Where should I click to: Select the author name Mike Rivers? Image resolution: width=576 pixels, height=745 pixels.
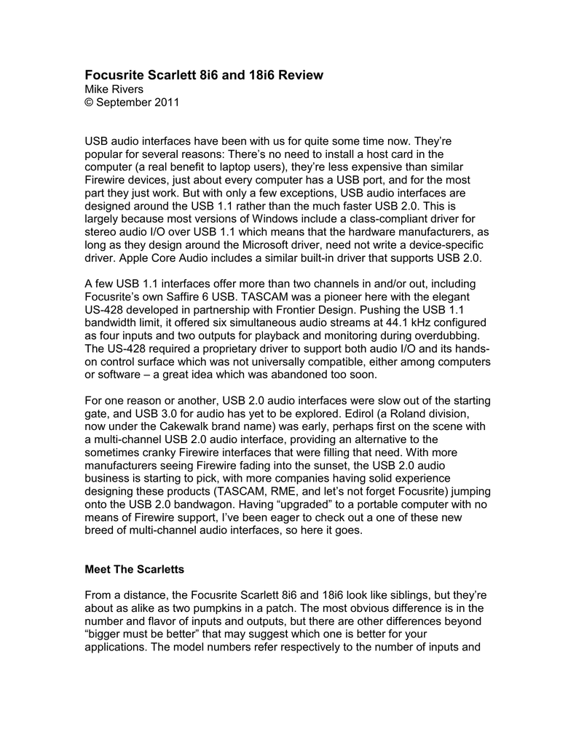point(114,89)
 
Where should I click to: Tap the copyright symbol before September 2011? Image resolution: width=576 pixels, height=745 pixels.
point(90,103)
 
